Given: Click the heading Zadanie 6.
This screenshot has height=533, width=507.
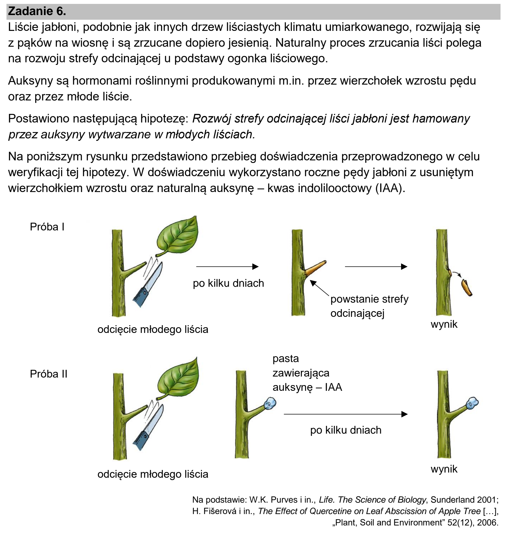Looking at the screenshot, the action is point(37,11).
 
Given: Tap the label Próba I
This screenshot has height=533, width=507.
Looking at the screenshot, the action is point(47,227).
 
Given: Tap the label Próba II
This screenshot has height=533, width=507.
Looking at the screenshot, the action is point(48,374).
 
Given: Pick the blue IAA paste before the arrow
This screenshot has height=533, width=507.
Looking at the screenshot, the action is point(270,404).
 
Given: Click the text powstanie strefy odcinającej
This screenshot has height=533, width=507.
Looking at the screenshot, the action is point(369,306).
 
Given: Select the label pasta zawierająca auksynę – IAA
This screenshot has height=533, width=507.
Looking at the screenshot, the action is point(307,373).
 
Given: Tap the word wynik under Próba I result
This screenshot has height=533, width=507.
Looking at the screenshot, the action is point(444,324).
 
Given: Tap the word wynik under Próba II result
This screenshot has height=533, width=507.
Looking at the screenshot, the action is point(444,469).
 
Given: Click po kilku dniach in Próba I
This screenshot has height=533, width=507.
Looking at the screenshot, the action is point(228,283).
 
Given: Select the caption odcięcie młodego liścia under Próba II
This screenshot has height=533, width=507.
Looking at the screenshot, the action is point(153,474).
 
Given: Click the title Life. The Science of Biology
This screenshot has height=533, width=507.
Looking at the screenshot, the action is point(373,500).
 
